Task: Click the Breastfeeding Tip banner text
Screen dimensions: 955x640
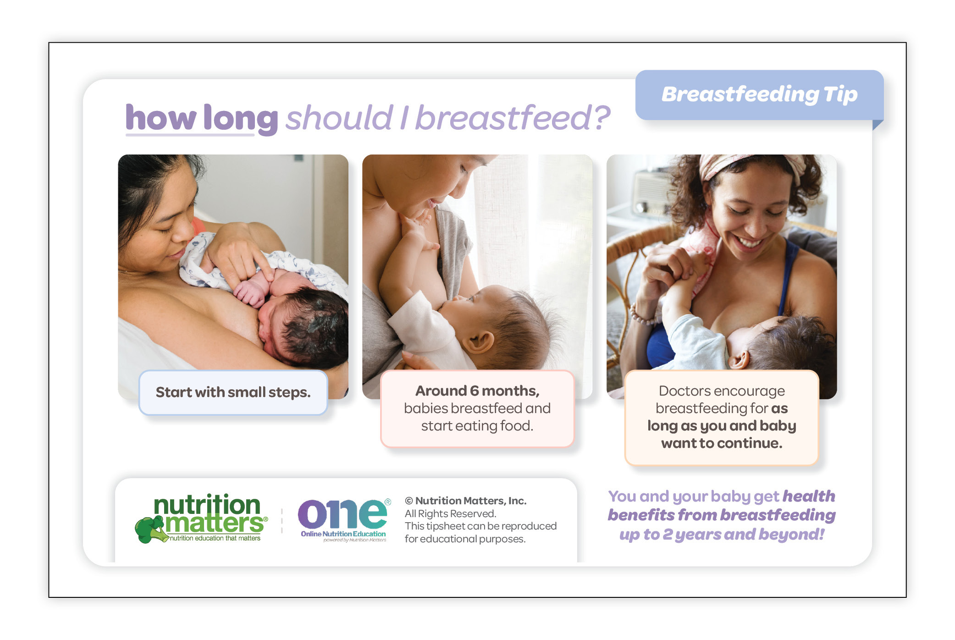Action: [759, 94]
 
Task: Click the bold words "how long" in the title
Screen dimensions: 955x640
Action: [202, 118]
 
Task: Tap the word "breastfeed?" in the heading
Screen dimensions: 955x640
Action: [513, 118]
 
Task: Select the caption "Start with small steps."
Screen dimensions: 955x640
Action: [233, 392]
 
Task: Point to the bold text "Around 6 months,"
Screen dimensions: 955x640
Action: [477, 391]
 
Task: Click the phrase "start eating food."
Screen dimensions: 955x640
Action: [477, 426]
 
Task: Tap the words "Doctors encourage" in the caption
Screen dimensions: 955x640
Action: [722, 391]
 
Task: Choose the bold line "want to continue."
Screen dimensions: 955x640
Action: [722, 443]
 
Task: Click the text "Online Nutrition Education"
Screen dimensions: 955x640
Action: [343, 534]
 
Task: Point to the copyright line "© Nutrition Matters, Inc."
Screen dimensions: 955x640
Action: [465, 501]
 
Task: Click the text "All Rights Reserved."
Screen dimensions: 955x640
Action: [450, 513]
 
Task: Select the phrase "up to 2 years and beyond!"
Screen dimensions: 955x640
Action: [722, 535]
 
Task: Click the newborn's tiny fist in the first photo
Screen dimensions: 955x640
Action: [250, 293]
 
